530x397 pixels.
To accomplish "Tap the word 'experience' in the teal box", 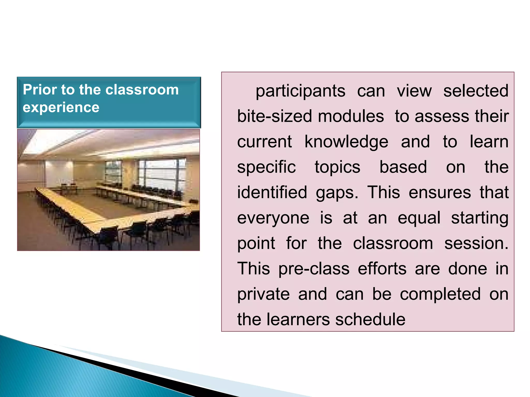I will click(61, 108).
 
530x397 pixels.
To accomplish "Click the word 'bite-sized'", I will click(275, 116).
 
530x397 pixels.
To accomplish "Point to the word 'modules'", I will click(351, 116).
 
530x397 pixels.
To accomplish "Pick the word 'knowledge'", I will click(346, 142).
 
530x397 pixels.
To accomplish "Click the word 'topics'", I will click(337, 167).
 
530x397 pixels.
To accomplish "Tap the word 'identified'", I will click(272, 192).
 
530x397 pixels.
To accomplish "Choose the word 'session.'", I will click(476, 243).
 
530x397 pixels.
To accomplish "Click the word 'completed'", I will click(440, 294).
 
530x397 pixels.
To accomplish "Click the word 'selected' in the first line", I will click(476, 91).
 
